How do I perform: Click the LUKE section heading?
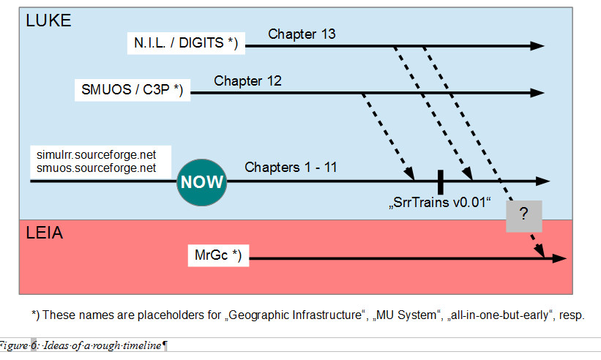click(48, 20)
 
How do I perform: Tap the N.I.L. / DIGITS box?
click(187, 44)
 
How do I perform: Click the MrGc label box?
click(217, 255)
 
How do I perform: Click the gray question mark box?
click(523, 217)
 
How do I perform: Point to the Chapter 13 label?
click(302, 34)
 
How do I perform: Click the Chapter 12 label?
click(247, 80)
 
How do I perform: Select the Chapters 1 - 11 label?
click(291, 167)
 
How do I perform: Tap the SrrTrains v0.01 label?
click(438, 202)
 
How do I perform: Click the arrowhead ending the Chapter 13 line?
click(537, 45)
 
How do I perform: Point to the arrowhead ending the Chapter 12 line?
click(537, 92)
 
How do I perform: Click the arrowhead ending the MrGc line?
click(559, 258)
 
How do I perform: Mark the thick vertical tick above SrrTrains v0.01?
click(440, 181)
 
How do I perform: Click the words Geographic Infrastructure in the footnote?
click(295, 315)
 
